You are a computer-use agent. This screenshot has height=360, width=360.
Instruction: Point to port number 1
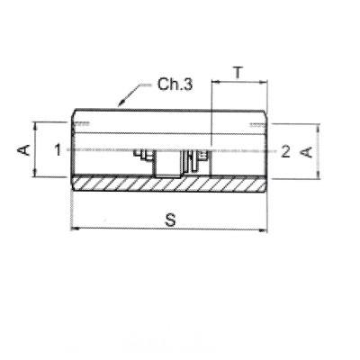[57, 149]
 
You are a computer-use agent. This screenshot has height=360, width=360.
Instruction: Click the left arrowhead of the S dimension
[74, 229]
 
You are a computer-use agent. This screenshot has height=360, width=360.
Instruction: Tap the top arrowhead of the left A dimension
[35, 123]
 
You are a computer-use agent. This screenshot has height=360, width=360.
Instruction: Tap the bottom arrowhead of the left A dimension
[35, 175]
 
